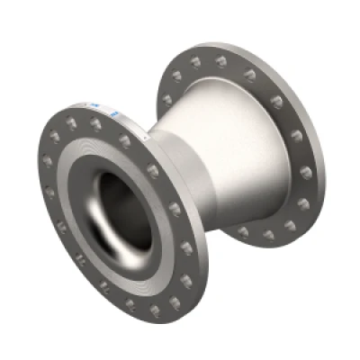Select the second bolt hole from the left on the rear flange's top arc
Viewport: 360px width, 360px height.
pyautogui.click(x=194, y=62)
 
